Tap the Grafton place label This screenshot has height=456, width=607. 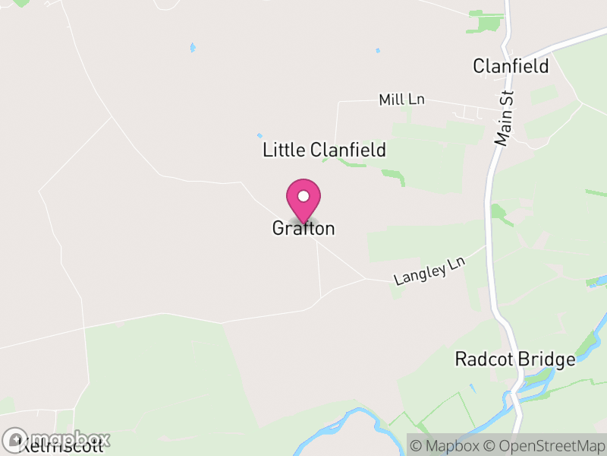303,228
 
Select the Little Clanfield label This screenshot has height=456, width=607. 324,150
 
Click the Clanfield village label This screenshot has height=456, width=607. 511,66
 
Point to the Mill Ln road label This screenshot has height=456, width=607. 401,100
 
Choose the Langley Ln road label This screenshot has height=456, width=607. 429,271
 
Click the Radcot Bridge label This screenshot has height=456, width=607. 515,359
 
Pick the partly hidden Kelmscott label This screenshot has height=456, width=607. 61,447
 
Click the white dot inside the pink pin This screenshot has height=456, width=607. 303,196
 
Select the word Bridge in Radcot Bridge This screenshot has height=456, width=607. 546,359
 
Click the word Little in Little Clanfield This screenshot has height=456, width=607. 283,150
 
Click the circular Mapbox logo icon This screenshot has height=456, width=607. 15,440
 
